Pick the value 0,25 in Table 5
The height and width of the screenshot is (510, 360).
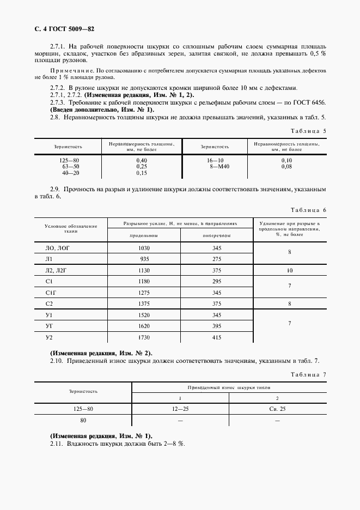point(142,166)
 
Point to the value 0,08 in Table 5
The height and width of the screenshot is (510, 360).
point(286,166)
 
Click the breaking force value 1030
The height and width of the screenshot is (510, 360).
point(144,248)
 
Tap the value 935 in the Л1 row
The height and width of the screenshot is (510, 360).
point(144,259)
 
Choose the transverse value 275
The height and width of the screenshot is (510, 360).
point(217,259)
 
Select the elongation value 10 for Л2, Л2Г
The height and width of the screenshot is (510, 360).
point(290,270)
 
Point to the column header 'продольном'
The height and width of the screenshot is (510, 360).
point(144,235)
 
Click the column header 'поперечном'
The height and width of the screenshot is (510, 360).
point(217,235)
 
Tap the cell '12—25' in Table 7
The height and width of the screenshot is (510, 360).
point(180,408)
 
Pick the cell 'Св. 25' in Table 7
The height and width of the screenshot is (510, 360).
point(277,408)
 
